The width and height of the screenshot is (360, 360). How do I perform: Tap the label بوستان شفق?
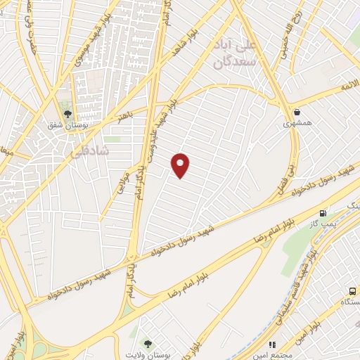click(x=68, y=127)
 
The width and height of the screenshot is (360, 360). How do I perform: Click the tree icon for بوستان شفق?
click(x=68, y=113)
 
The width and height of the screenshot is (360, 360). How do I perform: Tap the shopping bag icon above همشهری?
click(x=298, y=111)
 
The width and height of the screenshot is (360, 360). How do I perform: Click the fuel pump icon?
click(x=323, y=213)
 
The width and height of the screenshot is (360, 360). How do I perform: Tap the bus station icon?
click(x=352, y=292)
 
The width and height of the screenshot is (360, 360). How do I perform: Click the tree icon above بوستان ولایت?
click(x=148, y=343)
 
